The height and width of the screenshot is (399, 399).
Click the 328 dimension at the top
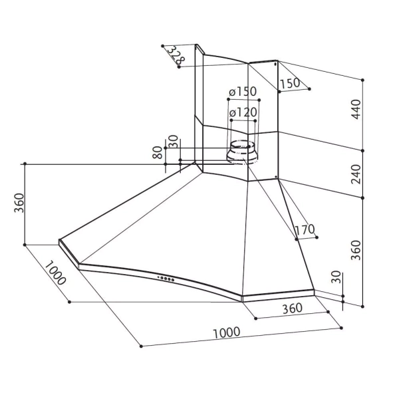tap(175, 55)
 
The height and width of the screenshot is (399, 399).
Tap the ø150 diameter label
tap(243, 91)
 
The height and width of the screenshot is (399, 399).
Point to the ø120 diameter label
tap(243, 113)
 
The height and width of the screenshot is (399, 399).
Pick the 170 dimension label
tap(303, 230)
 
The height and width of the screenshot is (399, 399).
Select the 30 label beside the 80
tap(174, 142)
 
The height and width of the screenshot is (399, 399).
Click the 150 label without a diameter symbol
tap(289, 84)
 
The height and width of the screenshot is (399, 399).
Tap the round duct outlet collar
tap(240, 152)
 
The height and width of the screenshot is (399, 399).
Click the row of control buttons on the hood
tap(166, 278)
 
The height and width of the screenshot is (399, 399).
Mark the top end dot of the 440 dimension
tap(363, 80)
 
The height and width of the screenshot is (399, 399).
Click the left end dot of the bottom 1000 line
tap(141, 346)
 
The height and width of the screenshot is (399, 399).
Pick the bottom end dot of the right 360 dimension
tap(363, 305)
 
